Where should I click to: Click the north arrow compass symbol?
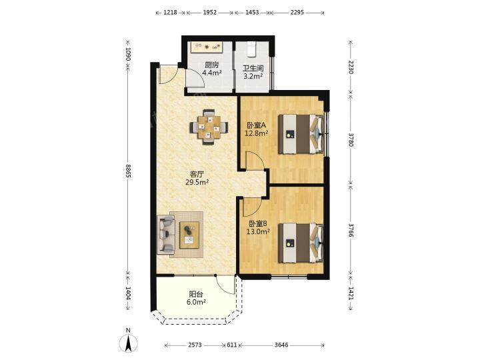point(128,341)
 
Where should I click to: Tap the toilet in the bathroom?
point(251,49)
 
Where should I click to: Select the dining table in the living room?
point(209,127)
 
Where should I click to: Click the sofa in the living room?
point(165,235)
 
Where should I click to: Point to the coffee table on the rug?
point(189,235)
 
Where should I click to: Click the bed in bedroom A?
point(301,134)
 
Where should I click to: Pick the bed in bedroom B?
point(301,243)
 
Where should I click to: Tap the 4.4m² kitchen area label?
point(212,73)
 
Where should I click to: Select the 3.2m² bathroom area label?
point(253,76)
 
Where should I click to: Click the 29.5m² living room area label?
point(197,183)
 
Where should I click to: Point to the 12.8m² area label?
point(257,133)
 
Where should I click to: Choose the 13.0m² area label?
point(258,232)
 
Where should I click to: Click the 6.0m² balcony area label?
point(196,302)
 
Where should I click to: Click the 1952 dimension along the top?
point(210,13)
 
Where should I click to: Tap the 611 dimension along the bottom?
point(232,345)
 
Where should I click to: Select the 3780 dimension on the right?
point(351,139)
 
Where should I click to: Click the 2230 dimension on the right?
point(351,67)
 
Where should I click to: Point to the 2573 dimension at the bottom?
point(195,345)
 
